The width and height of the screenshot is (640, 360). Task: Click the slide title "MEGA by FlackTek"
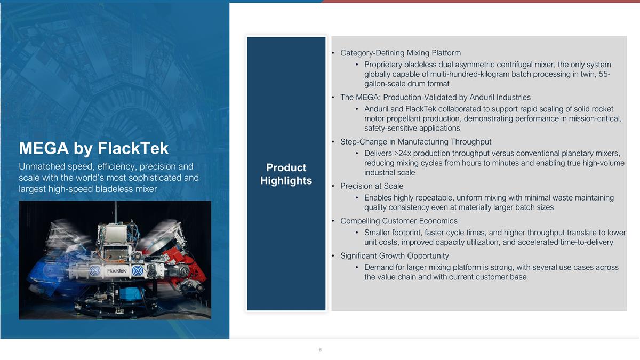click(x=93, y=148)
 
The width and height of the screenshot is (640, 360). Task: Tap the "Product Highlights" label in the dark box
click(x=286, y=174)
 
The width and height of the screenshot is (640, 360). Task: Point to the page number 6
click(x=320, y=350)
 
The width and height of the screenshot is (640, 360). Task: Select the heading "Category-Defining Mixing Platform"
click(x=400, y=53)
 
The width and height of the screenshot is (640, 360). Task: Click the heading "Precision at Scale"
click(x=372, y=186)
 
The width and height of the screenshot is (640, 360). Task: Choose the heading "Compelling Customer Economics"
click(x=398, y=221)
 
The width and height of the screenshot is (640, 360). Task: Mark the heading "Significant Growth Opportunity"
click(x=394, y=255)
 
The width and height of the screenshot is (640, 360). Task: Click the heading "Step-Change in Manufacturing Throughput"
click(x=415, y=141)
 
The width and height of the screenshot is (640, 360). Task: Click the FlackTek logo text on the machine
click(x=116, y=270)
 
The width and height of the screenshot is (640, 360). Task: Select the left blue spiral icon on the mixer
click(x=95, y=270)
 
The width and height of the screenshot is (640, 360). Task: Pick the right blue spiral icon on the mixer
click(x=137, y=270)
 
